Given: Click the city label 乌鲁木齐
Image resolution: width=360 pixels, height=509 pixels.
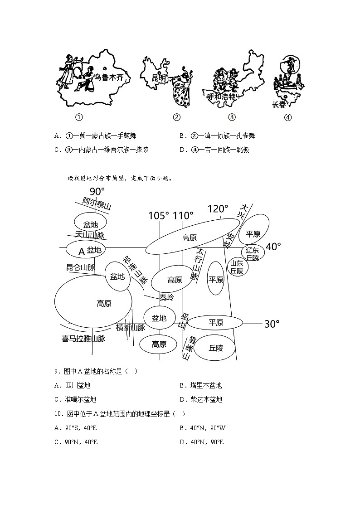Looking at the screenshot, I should click(x=109, y=77).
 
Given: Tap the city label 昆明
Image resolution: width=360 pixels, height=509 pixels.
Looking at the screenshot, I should click(x=159, y=78).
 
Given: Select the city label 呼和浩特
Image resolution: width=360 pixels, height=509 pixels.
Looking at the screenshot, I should click(x=222, y=97).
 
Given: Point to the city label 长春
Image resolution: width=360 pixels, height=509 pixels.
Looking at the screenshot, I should click(x=279, y=104).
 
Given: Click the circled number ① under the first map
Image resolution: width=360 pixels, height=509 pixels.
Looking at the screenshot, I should click(x=79, y=117).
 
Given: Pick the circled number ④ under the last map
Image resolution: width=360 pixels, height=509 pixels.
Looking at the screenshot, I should click(x=287, y=117).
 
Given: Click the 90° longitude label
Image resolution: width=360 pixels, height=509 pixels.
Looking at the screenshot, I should click(x=97, y=192).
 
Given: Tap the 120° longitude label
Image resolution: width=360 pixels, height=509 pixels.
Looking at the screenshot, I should click(x=218, y=209).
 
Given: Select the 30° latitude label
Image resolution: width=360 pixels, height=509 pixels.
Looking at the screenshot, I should click(x=272, y=324).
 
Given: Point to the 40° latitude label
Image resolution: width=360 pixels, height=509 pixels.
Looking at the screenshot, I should click(x=273, y=247).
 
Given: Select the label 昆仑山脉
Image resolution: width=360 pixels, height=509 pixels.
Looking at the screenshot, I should click(x=80, y=267).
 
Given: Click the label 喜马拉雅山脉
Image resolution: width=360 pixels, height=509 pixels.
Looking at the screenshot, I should click(x=83, y=338).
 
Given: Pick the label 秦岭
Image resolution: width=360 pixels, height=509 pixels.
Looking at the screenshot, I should click(x=166, y=297).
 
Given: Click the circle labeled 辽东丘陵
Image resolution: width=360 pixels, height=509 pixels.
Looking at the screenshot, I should click(x=252, y=254).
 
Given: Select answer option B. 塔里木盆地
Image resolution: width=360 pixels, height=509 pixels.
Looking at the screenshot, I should click(x=200, y=386).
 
